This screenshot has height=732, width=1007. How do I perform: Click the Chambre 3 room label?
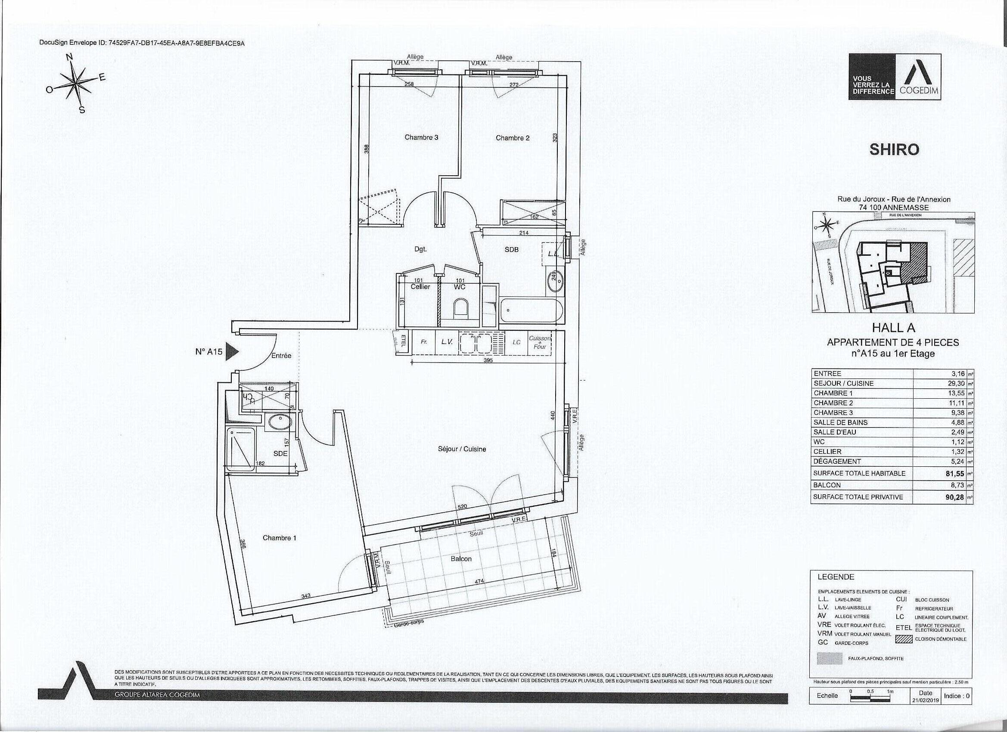(x=421, y=138)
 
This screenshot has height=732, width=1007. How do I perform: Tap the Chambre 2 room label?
(x=513, y=138)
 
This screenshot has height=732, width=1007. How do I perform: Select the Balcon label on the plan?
(x=461, y=559)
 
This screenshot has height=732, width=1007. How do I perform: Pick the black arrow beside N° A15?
(x=232, y=352)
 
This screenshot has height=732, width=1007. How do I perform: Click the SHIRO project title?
(x=894, y=150)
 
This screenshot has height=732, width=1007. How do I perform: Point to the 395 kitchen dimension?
(x=488, y=361)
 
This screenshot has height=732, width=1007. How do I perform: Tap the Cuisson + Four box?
(x=539, y=342)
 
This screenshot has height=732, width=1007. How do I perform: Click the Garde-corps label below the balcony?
(x=409, y=623)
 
